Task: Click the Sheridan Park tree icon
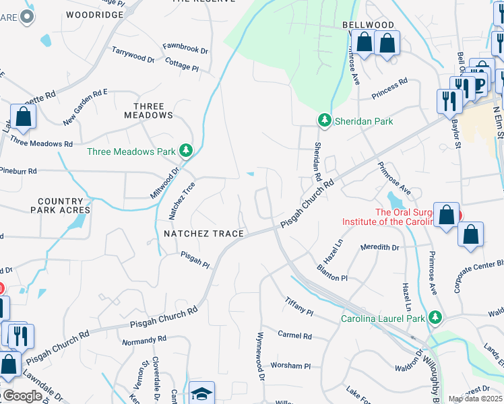(325, 121)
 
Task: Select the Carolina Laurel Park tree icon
(435, 317)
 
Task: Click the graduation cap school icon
(201, 393)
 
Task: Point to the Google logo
(22, 396)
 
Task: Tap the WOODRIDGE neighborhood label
(95, 14)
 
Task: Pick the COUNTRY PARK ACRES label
(51, 205)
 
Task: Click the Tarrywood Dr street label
(133, 55)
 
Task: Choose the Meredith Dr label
(380, 247)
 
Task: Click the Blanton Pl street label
(332, 273)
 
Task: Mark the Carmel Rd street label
(295, 335)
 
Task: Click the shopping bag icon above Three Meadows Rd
(23, 116)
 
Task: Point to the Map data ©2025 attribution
(474, 399)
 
